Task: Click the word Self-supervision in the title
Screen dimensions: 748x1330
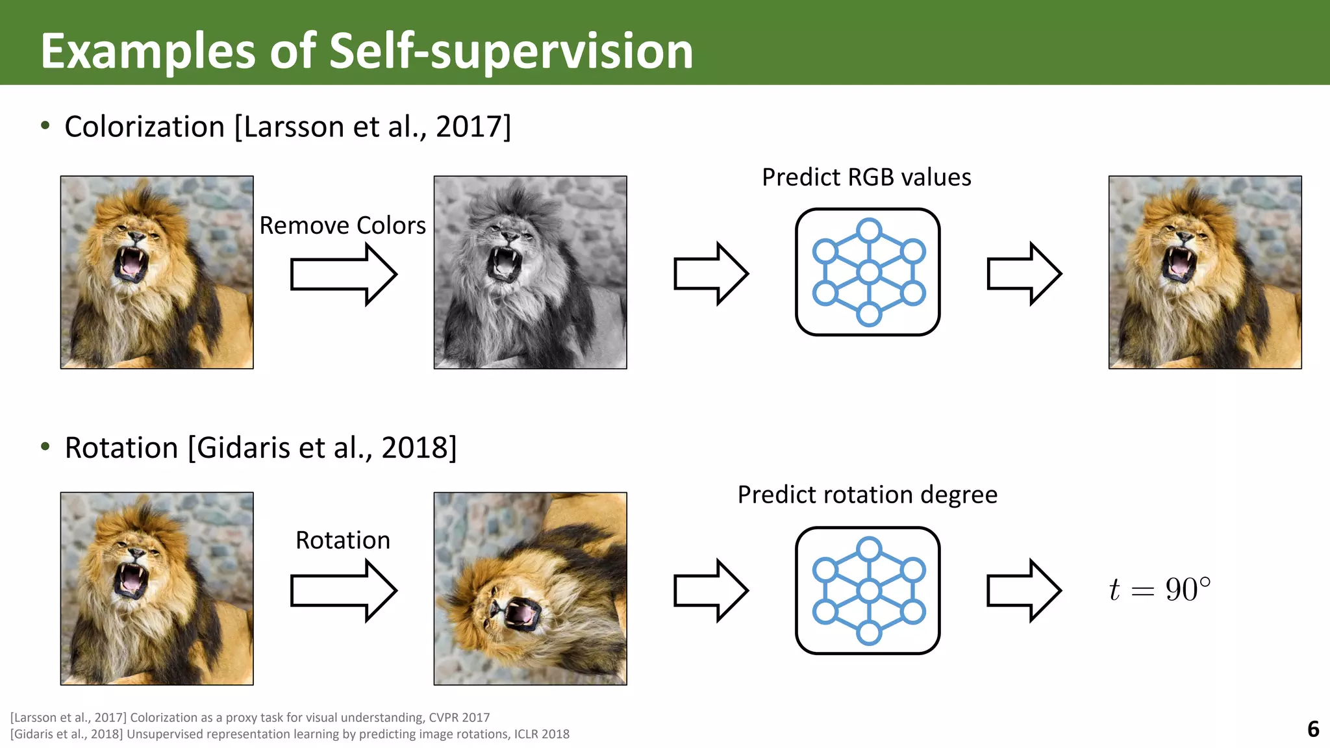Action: [x=511, y=52]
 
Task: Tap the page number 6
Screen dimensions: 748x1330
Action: [x=1312, y=729]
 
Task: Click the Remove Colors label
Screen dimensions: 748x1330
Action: [x=342, y=225]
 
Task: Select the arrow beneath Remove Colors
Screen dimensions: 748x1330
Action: [x=343, y=274]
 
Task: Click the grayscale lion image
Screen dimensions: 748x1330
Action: [x=530, y=272]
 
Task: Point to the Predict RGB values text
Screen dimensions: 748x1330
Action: [x=866, y=177]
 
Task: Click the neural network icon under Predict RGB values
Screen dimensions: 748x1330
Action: [x=868, y=272]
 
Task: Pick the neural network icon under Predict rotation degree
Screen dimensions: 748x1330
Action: [x=868, y=590]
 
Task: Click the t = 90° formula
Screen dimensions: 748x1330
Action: [x=1160, y=590]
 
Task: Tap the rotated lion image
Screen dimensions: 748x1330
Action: [x=530, y=588]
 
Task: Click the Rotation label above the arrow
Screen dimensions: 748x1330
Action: [x=342, y=540]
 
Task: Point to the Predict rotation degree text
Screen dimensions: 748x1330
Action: [x=867, y=495]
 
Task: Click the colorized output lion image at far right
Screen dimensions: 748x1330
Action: [x=1205, y=272]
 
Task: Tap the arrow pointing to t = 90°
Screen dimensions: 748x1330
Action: [x=1023, y=590]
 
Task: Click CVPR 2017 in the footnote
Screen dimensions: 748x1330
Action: [x=459, y=717]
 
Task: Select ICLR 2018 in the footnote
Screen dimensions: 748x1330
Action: [x=542, y=734]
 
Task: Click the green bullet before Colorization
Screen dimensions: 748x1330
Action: [x=45, y=125]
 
